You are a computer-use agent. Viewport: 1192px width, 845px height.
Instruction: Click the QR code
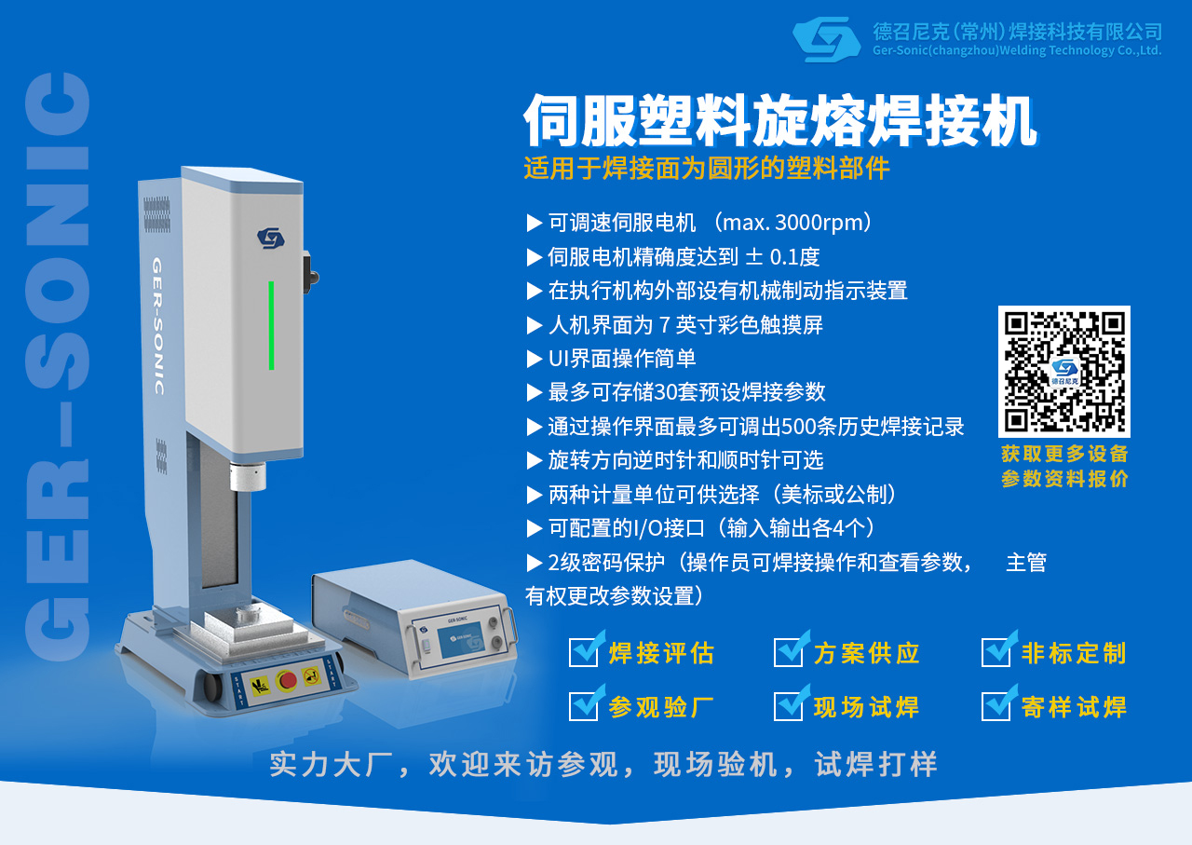pyautogui.click(x=1063, y=371)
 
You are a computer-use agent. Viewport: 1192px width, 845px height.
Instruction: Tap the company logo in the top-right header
pyautogui.click(x=826, y=39)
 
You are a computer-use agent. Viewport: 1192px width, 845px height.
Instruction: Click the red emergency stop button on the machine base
pyautogui.click(x=288, y=679)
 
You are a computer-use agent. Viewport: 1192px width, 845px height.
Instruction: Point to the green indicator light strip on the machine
pyautogui.click(x=271, y=325)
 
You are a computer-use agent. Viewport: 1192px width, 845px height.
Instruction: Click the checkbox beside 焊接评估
pyautogui.click(x=584, y=651)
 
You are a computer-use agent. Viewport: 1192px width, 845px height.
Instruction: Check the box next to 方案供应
pyautogui.click(x=789, y=651)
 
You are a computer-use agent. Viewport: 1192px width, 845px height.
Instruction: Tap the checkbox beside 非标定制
pyautogui.click(x=996, y=651)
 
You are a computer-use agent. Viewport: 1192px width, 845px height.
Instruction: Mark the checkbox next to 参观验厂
pyautogui.click(x=584, y=705)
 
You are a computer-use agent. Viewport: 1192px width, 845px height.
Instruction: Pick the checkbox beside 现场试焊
pyautogui.click(x=789, y=705)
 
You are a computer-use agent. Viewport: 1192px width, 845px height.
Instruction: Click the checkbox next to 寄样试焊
pyautogui.click(x=996, y=705)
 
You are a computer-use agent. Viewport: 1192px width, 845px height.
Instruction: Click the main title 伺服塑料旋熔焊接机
pyautogui.click(x=779, y=121)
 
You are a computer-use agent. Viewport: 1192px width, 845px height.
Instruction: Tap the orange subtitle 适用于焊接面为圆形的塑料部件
pyautogui.click(x=707, y=169)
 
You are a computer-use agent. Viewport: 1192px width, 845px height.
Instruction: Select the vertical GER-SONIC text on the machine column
pyautogui.click(x=157, y=326)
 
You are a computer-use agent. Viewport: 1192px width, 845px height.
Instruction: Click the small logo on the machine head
pyautogui.click(x=270, y=239)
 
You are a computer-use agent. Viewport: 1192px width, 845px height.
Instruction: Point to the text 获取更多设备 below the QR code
pyautogui.click(x=1064, y=454)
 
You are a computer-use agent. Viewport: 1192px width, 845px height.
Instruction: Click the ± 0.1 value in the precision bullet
pyautogui.click(x=766, y=257)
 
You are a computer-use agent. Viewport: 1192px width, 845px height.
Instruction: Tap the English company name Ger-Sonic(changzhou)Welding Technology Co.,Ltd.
pyautogui.click(x=1017, y=50)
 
